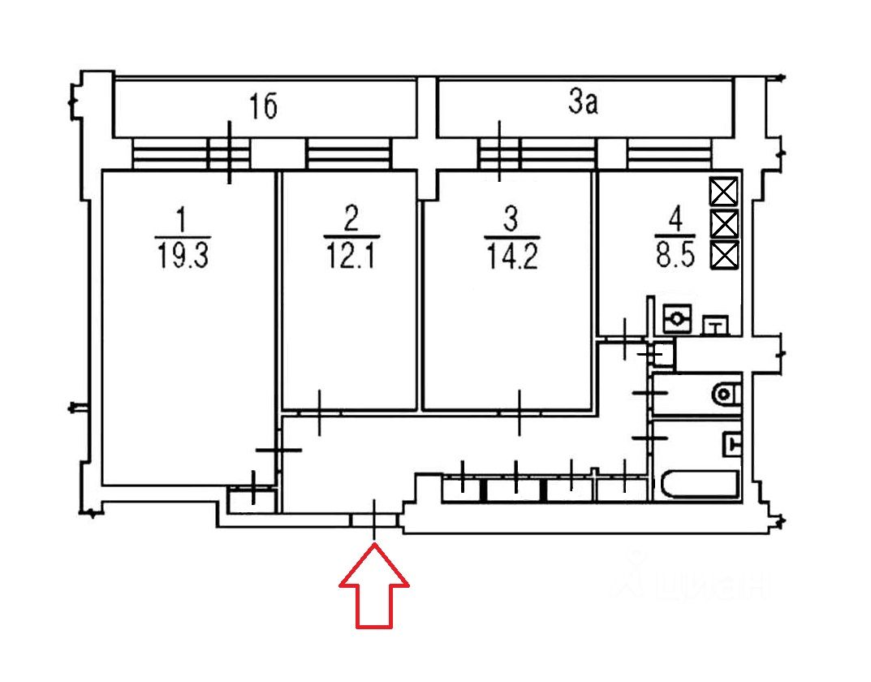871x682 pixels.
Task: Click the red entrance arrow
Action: click(374, 589)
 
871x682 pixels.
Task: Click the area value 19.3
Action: click(183, 256)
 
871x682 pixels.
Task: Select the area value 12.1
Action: click(351, 256)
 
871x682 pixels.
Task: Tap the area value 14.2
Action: click(512, 257)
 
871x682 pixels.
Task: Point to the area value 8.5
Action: click(675, 256)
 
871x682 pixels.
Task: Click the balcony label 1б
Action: click(263, 106)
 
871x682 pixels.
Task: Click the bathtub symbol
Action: click(701, 486)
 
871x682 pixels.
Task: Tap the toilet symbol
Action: click(726, 395)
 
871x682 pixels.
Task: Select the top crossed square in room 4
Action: click(724, 192)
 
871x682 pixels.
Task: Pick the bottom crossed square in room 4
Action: click(724, 256)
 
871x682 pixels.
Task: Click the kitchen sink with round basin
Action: click(678, 318)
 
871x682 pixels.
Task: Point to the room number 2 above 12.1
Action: click(351, 218)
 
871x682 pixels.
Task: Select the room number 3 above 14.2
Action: click(511, 219)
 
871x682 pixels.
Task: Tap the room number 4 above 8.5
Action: click(675, 219)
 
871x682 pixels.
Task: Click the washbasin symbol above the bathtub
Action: click(732, 444)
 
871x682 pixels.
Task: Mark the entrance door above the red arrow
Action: click(374, 520)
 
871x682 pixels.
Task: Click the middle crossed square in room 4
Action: click(724, 224)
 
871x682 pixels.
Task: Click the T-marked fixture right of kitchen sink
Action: click(717, 326)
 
